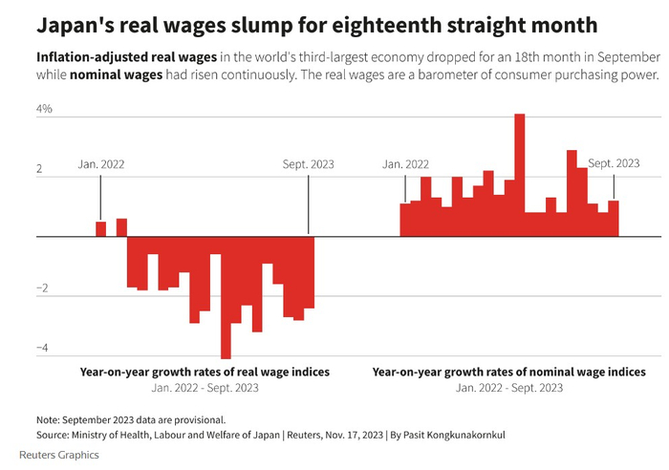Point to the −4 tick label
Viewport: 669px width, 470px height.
point(43,350)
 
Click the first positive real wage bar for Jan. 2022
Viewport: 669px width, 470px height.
point(100,228)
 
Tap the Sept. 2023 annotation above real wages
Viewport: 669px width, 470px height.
point(309,163)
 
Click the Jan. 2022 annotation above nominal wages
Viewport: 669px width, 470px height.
point(405,163)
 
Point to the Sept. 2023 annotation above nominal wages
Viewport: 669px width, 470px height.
point(614,163)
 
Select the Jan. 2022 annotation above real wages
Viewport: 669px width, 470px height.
point(100,163)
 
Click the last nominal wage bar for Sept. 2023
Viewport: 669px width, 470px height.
point(614,218)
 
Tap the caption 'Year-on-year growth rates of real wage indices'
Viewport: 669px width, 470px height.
point(205,372)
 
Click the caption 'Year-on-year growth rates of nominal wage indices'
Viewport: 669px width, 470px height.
point(508,372)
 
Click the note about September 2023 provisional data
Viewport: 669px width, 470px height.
point(130,418)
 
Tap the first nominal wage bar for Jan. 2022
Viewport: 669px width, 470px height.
point(405,219)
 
